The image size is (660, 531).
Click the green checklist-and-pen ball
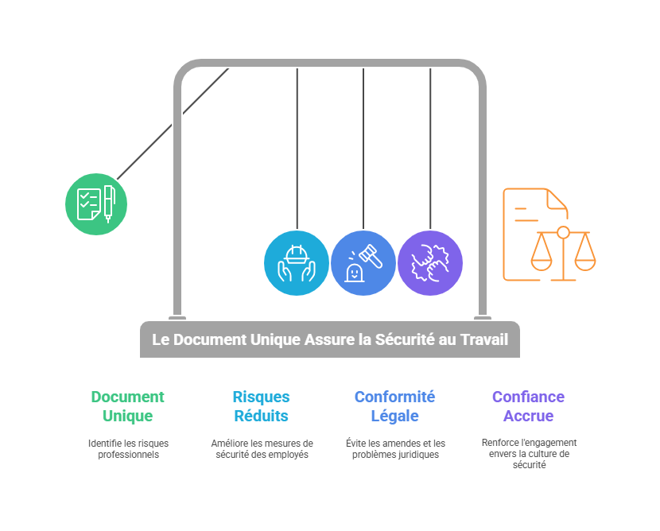[x=96, y=204]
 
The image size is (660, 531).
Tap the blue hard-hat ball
[x=297, y=263]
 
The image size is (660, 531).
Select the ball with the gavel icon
[x=363, y=263]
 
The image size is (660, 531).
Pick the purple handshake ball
[x=430, y=263]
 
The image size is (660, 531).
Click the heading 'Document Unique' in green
[x=127, y=406]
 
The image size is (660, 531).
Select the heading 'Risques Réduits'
[x=261, y=406]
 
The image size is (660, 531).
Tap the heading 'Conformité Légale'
[x=394, y=406]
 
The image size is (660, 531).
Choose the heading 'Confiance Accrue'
[x=528, y=406]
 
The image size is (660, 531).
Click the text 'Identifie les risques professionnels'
[x=128, y=449]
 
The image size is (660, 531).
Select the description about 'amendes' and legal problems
[x=395, y=449]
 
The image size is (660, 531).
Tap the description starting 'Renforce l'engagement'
[x=529, y=453]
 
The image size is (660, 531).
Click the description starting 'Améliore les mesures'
[x=262, y=449]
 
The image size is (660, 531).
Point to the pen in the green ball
[x=109, y=203]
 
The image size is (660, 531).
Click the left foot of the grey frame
[x=177, y=315]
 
